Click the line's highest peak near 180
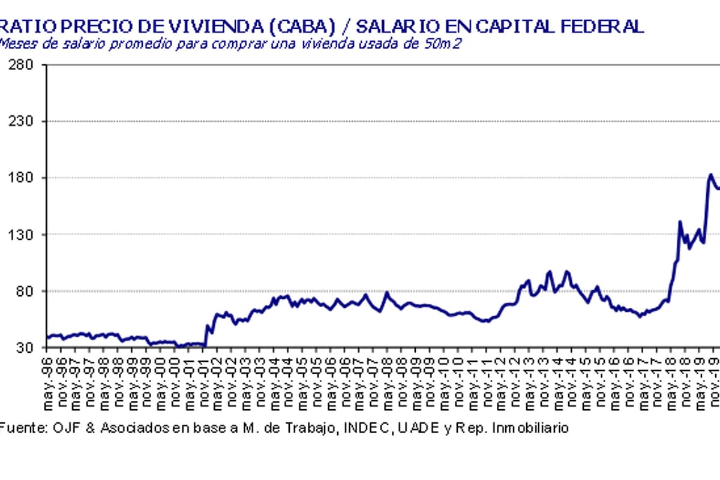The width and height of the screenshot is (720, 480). point(710,175)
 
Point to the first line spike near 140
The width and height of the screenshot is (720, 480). point(680,222)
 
